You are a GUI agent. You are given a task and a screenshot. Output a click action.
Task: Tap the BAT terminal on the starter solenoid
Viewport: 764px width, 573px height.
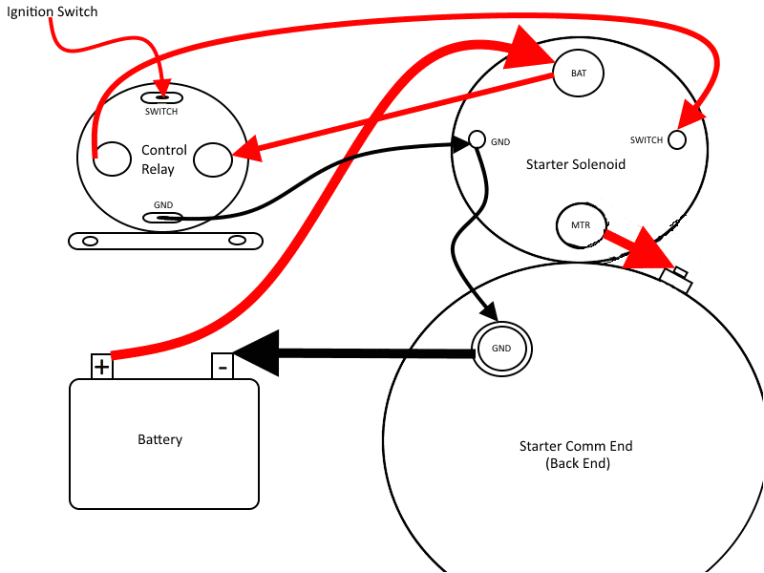[579, 73]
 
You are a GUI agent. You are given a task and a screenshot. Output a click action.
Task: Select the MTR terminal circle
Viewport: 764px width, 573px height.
[580, 226]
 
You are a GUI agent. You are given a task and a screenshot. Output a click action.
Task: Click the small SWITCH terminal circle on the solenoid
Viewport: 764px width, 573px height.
[676, 139]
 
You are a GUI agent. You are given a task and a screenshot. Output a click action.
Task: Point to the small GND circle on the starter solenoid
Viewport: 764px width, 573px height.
[477, 141]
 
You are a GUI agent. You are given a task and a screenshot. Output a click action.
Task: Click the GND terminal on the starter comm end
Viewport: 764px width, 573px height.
[501, 348]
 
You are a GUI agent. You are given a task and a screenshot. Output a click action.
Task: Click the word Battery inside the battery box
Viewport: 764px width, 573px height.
[159, 439]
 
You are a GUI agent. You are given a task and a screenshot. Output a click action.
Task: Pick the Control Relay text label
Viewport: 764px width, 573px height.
[159, 159]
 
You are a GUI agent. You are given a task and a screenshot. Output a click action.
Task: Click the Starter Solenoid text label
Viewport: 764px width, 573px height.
[576, 164]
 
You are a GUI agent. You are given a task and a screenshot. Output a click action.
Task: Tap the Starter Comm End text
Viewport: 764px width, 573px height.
[576, 454]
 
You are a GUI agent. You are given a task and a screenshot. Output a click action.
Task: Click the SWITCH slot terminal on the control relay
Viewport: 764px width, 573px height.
[161, 96]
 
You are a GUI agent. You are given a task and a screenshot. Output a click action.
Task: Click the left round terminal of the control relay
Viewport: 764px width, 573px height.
[113, 159]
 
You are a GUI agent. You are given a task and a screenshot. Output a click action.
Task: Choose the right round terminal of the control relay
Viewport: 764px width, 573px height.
[212, 159]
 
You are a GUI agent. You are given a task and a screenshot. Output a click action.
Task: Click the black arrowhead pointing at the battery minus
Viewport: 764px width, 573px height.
[256, 354]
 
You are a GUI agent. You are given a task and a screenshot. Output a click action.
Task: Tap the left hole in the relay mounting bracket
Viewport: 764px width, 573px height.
[91, 241]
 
